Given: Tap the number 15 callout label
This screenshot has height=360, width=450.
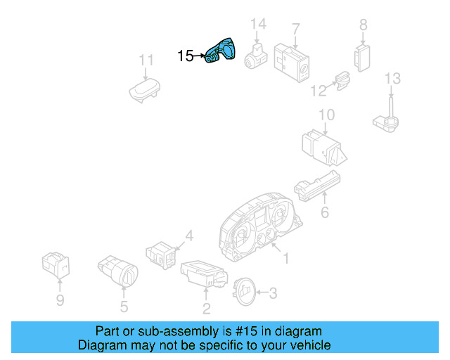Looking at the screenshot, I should (185, 56).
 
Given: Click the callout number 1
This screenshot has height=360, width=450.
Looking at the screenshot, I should (285, 259).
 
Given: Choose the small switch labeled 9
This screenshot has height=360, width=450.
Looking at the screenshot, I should (56, 264).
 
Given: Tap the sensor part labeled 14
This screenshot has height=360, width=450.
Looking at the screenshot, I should (257, 56).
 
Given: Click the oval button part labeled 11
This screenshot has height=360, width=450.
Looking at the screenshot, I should (145, 91).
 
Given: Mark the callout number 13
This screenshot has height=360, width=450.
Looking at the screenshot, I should (392, 78).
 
